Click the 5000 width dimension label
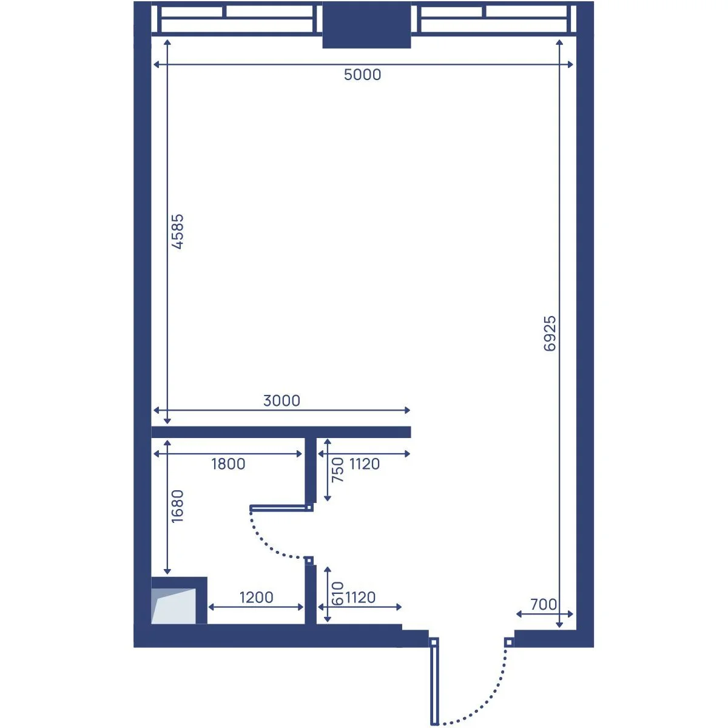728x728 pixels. tap(362, 75)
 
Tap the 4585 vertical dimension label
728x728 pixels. tap(178, 232)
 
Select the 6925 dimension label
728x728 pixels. tap(550, 334)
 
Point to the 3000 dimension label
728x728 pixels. tap(281, 400)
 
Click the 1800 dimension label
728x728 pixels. tap(228, 464)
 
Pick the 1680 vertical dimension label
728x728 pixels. tap(178, 506)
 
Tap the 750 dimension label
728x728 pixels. tap(338, 470)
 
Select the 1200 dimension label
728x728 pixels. tap(256, 598)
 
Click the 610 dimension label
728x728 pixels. tap(337, 593)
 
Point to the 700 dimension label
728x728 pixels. tap(544, 604)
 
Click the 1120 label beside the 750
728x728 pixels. tap(364, 464)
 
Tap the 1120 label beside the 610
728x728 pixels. tap(360, 598)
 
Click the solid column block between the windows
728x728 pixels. tap(366, 25)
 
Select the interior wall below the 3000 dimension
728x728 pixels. tap(281, 432)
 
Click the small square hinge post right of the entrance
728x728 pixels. tap(509, 642)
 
